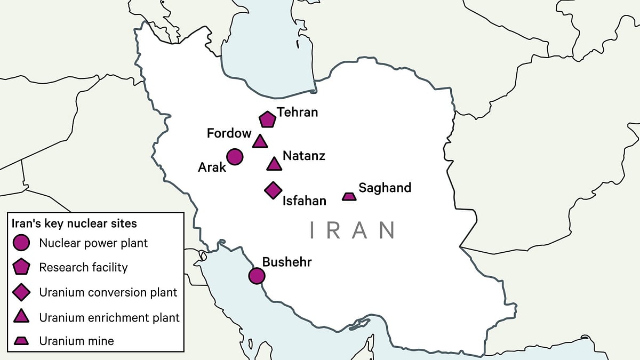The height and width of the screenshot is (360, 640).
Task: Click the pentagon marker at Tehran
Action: [x=267, y=119]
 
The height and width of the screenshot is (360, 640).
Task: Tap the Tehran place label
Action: [x=297, y=112]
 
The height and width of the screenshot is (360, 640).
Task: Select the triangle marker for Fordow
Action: [x=260, y=142]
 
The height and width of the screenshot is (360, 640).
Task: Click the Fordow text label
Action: [x=229, y=133]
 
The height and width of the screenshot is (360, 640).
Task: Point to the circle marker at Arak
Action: [x=235, y=157]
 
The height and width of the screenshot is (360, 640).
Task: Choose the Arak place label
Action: [x=212, y=167]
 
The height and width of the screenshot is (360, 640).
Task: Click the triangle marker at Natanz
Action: [x=274, y=164]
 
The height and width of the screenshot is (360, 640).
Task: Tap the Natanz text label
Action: [x=303, y=156]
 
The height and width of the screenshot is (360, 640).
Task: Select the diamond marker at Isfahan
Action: [x=273, y=190]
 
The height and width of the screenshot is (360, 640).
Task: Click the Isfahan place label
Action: [x=304, y=201]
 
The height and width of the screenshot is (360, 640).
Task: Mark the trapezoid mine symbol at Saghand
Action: [x=349, y=196]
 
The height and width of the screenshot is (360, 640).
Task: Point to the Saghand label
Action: [x=385, y=188]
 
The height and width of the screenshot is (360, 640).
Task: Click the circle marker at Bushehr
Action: [x=257, y=276]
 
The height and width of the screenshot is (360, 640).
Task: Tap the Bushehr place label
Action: [x=286, y=262]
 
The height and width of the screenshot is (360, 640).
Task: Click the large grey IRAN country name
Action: [x=353, y=230]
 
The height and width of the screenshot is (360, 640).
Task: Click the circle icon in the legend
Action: [x=21, y=243]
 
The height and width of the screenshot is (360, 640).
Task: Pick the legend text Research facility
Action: [x=83, y=267]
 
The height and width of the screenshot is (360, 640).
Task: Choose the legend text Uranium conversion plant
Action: [x=108, y=292]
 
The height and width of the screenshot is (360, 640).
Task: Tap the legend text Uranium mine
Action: [x=76, y=340]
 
